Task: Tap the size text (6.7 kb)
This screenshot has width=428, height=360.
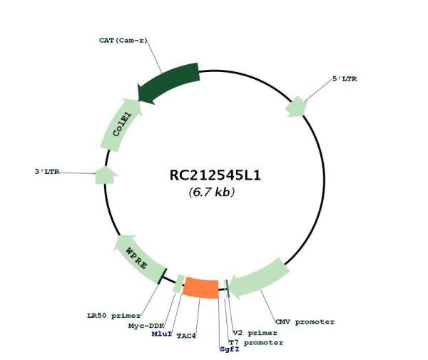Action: [212, 192]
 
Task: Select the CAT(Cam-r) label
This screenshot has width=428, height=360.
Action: [123, 41]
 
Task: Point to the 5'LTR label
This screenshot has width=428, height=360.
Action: [345, 78]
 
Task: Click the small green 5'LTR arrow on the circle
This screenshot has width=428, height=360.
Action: [295, 108]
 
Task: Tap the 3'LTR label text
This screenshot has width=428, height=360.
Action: [49, 172]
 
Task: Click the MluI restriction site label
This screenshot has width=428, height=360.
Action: [162, 333]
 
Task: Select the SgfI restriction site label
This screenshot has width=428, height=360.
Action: [230, 349]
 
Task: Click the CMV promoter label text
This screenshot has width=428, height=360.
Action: [305, 322]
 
